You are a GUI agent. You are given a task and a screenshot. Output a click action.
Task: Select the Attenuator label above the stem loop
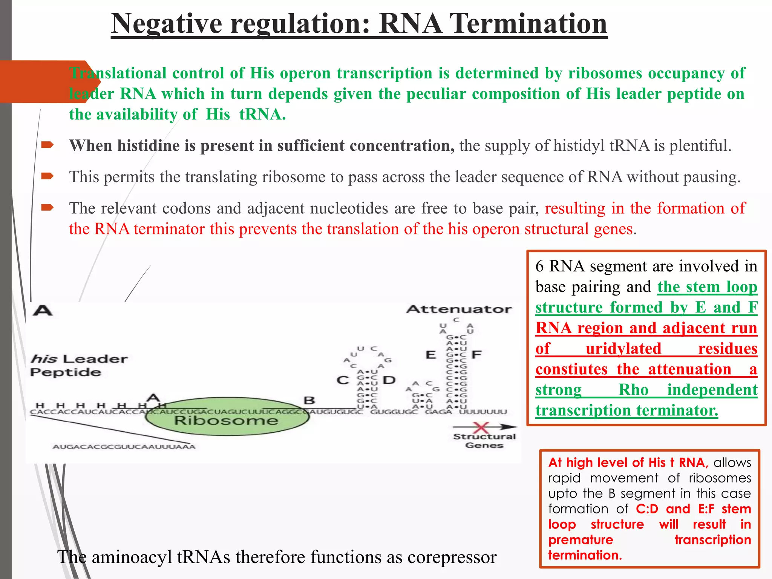[459, 309]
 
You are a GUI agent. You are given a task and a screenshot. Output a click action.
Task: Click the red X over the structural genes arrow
[481, 427]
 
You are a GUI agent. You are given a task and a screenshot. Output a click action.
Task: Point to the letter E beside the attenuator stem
[430, 355]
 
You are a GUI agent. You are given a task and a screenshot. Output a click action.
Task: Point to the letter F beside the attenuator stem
[476, 354]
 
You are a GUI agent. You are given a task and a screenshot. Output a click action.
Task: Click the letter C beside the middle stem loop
[343, 380]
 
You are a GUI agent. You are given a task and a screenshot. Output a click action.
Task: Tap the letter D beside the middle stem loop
[389, 380]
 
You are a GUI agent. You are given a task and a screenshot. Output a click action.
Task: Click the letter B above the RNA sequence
[309, 400]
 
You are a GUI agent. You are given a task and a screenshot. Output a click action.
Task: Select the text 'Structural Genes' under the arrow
[484, 441]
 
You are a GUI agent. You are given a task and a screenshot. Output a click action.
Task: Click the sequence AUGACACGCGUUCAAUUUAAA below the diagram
[124, 447]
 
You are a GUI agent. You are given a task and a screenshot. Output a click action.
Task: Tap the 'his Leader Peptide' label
[79, 365]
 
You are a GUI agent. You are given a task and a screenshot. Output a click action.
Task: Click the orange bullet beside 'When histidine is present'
[47, 145]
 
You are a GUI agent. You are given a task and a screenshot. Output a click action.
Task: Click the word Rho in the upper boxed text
[633, 389]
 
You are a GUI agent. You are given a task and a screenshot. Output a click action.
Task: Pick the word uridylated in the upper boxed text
[623, 348]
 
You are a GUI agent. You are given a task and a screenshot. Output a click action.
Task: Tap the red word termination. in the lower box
[585, 555]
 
